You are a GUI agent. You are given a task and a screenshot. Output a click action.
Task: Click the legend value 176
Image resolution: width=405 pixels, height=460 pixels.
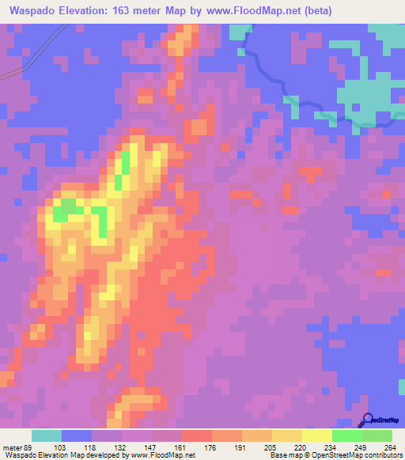tap(211, 447)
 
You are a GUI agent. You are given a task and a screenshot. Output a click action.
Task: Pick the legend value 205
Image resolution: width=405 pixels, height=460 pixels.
tap(271, 447)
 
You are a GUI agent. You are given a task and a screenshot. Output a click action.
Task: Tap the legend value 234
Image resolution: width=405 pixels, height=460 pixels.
tap(331, 447)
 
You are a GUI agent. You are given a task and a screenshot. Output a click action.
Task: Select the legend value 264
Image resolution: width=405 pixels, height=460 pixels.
tap(390, 447)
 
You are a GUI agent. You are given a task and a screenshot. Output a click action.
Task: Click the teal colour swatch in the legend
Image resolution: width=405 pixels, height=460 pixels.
tap(47, 435)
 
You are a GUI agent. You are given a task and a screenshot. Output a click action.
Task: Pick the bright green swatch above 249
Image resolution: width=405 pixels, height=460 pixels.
tap(347, 435)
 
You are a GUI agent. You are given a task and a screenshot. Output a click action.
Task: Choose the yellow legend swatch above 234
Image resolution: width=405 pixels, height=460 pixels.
tap(317, 435)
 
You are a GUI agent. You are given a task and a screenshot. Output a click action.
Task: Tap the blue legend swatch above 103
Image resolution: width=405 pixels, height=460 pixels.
tap(77, 435)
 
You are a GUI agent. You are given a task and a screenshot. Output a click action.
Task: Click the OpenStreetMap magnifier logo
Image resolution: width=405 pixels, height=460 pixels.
tap(367, 420)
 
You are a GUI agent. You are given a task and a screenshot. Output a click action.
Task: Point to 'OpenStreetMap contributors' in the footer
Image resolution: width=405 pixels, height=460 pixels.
tap(353, 455)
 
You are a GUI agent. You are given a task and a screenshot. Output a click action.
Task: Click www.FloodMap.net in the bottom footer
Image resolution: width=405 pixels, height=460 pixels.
tap(161, 455)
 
